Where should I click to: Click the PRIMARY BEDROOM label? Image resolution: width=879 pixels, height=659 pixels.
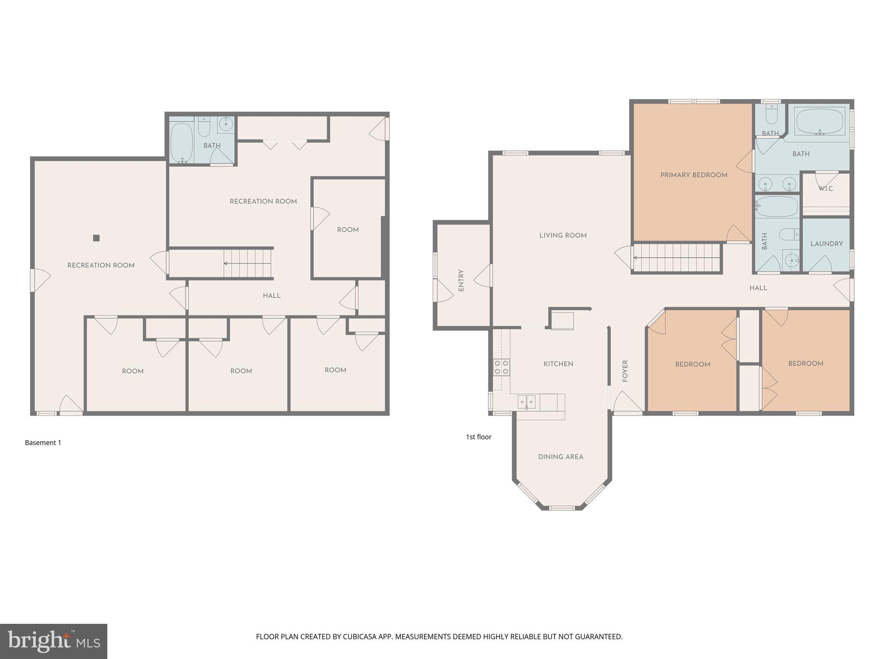click(694, 175)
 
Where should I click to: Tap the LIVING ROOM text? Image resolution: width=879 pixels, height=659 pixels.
click(563, 236)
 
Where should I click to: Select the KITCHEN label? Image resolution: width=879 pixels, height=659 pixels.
click(558, 364)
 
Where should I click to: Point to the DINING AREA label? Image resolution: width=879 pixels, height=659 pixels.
click(561, 457)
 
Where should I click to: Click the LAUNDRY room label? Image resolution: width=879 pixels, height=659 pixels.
click(826, 244)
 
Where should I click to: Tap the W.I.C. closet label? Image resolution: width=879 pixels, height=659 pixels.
click(826, 189)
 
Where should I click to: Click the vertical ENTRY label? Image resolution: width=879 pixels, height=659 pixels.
click(461, 281)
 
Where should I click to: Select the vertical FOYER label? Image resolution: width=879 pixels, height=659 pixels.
click(625, 371)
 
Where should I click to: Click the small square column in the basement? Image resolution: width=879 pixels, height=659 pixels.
click(96, 238)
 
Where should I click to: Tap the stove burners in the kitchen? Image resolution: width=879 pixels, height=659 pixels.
click(501, 367)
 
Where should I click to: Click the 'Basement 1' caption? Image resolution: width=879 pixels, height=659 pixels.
click(43, 443)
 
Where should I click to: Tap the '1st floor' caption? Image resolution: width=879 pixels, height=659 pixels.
click(479, 437)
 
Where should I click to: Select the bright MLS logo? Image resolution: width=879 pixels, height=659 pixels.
click(54, 641)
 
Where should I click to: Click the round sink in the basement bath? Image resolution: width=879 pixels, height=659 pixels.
click(225, 124)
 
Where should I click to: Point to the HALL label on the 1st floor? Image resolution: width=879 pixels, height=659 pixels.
click(758, 288)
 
